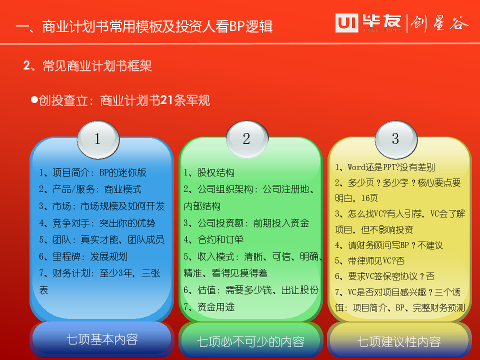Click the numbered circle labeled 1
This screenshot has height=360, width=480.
click(x=98, y=139)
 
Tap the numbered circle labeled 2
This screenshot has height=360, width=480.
click(x=247, y=139)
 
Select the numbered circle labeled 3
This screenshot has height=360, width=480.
click(x=396, y=139)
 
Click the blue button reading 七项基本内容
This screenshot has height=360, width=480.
click(x=102, y=339)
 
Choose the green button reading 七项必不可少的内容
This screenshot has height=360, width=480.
click(x=250, y=341)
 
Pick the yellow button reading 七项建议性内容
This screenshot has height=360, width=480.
click(x=399, y=341)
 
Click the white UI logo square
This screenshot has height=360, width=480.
click(x=346, y=23)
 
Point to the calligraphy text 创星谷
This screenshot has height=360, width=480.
click(x=439, y=23)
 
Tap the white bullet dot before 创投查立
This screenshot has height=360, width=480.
click(x=34, y=99)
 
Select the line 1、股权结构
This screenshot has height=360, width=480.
click(x=209, y=172)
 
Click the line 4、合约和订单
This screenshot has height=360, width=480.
click(x=213, y=239)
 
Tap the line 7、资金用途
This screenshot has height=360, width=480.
click(x=209, y=306)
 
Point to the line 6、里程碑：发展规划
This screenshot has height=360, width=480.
click(x=83, y=256)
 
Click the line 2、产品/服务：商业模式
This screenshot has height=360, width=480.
click(x=90, y=189)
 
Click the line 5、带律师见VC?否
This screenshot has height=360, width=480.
click(x=369, y=261)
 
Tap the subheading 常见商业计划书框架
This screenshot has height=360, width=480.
click(x=97, y=66)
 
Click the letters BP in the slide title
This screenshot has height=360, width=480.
click(x=236, y=26)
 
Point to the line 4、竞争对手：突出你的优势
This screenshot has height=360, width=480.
click(x=97, y=223)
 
